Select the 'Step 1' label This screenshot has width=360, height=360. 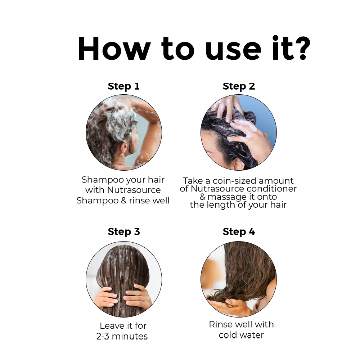tap(124, 86)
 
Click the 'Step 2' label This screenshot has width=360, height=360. tap(239, 86)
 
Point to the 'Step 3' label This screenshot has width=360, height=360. tap(124, 232)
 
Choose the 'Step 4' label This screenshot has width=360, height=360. tap(239, 232)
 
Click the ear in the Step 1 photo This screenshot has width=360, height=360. tap(124, 148)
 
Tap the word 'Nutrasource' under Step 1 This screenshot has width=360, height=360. tap(134, 190)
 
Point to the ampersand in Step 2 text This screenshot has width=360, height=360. tap(202, 197)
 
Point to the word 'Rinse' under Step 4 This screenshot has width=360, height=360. tap(220, 324)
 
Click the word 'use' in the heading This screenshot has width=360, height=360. tap(233, 51)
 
